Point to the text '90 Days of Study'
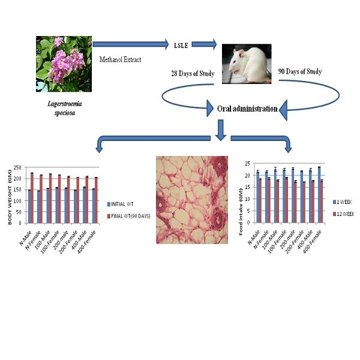(x=300, y=72)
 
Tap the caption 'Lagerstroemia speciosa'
(x=64, y=107)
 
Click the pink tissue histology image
(x=192, y=199)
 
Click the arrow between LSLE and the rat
(x=204, y=44)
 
